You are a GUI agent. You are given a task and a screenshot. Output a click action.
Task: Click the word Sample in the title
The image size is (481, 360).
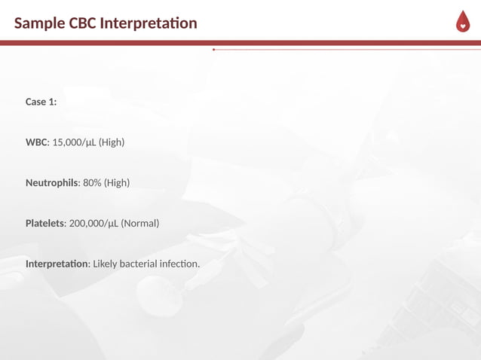click(38, 23)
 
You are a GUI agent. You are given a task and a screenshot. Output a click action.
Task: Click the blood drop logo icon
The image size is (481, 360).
click(462, 23)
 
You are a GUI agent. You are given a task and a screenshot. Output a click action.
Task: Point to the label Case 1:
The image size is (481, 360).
click(41, 102)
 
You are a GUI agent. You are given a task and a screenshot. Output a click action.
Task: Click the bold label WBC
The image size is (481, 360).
click(36, 142)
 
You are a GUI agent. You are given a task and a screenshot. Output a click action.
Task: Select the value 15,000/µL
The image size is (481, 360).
click(74, 142)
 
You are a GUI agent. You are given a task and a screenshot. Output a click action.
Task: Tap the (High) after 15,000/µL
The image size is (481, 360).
click(112, 142)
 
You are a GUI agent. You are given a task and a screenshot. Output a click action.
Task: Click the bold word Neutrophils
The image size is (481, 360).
click(51, 183)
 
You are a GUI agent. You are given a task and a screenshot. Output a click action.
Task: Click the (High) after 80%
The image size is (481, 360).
click(117, 183)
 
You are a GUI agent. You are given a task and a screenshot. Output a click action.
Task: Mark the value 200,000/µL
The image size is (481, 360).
click(93, 224)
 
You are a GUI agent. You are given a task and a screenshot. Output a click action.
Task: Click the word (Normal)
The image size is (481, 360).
click(140, 224)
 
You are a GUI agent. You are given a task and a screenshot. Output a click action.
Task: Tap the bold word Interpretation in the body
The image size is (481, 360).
click(57, 264)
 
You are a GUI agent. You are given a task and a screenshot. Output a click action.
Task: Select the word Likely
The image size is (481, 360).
click(106, 264)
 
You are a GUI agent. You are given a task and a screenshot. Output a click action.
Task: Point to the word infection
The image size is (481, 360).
click(182, 264)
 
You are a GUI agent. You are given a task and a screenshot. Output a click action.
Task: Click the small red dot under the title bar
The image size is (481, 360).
click(213, 50)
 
